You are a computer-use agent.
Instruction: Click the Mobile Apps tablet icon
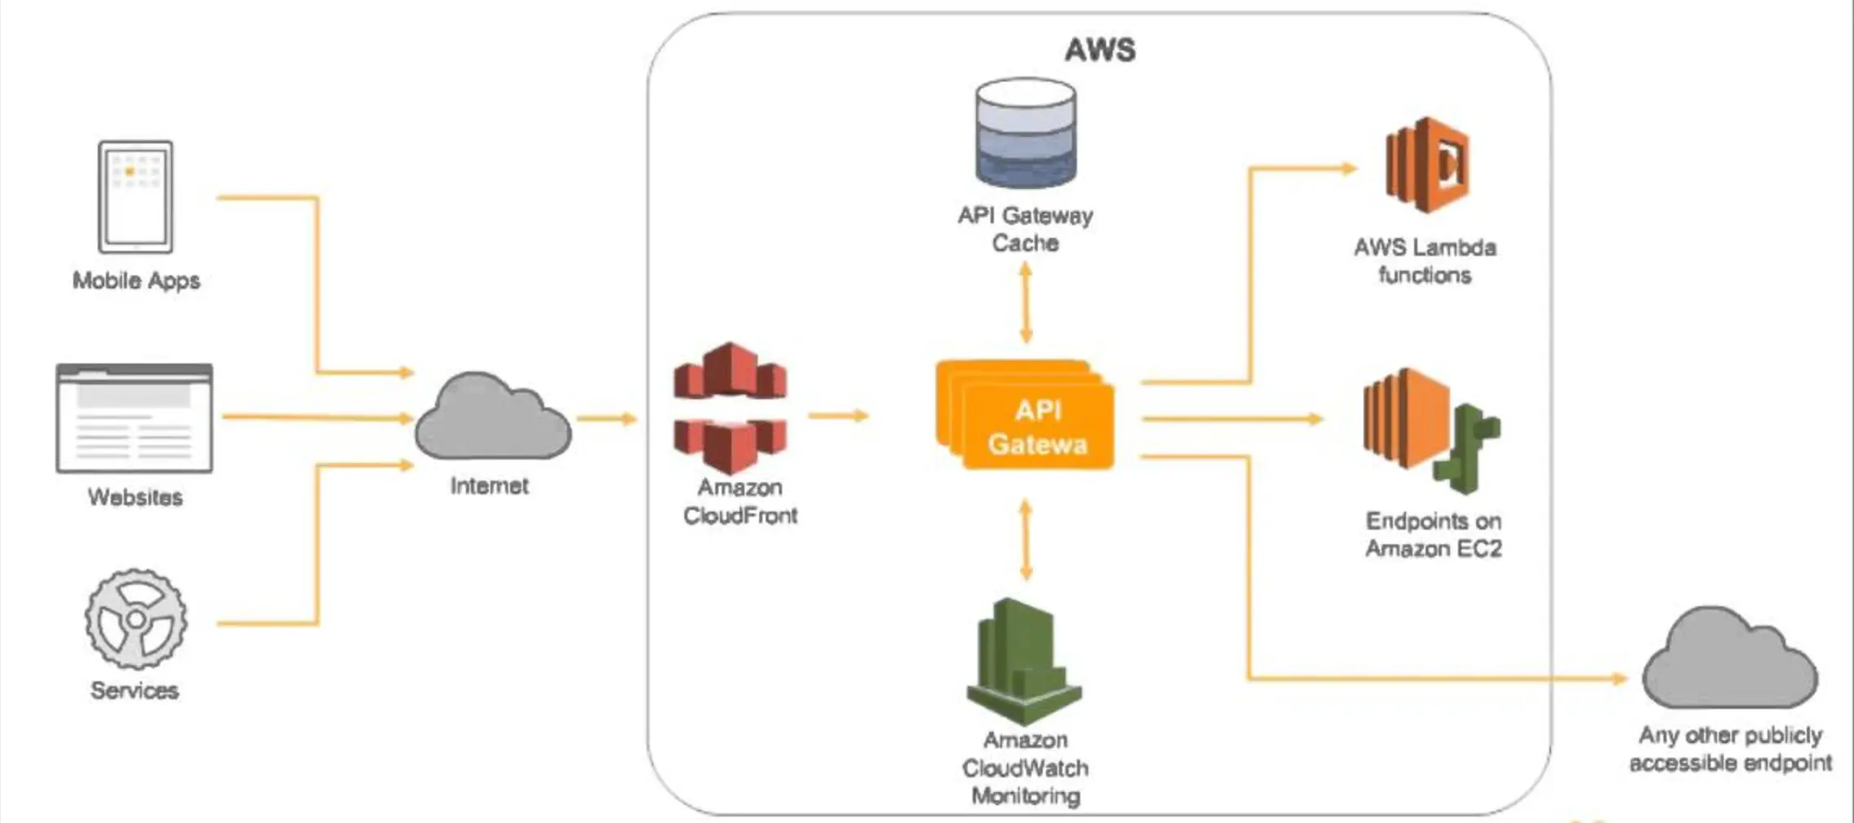(x=135, y=196)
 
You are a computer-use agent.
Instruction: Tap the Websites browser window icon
(x=134, y=418)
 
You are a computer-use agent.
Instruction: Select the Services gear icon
(x=136, y=619)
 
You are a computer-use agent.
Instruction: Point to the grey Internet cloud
(x=492, y=417)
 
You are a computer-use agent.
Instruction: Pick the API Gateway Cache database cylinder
(x=1026, y=133)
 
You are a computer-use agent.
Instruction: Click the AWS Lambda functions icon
(x=1427, y=165)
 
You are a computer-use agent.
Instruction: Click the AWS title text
(x=1100, y=50)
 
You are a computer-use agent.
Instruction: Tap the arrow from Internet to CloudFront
(x=607, y=419)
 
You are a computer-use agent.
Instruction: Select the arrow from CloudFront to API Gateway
(x=838, y=416)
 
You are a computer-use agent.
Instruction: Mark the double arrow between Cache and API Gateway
(x=1026, y=302)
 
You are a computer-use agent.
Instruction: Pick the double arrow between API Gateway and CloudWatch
(x=1026, y=539)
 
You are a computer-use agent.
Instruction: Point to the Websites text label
(x=135, y=497)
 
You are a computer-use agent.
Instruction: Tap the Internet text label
(x=489, y=486)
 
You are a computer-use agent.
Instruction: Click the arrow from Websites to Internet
(x=318, y=417)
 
